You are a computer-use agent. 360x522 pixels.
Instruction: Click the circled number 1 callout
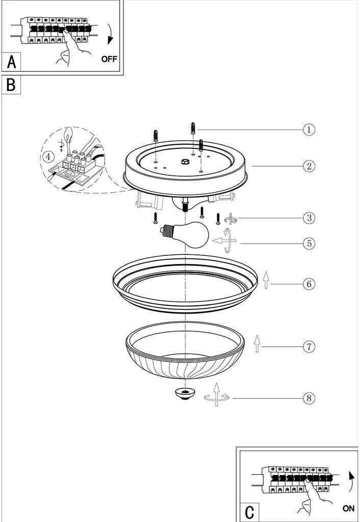[x=308, y=129]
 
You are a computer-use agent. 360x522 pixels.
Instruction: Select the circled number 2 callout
[x=308, y=166]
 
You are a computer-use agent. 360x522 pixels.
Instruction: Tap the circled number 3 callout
[x=309, y=218]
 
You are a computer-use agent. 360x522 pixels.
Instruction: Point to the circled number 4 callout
[x=48, y=156]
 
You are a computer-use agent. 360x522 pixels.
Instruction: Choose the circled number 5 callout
[x=309, y=243]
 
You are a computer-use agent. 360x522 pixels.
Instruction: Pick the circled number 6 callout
[x=308, y=284]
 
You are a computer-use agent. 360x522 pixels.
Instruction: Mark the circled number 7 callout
[x=309, y=347]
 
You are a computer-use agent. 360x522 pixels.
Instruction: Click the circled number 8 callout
[x=309, y=398]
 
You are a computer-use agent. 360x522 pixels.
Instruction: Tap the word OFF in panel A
[x=109, y=59]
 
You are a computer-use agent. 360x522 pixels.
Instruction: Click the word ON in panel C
[x=348, y=509]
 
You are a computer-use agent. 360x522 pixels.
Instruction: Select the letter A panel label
[x=12, y=62]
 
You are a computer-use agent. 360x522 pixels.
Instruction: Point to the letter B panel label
[x=11, y=85]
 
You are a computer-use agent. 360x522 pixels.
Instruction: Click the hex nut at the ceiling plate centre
[x=185, y=162]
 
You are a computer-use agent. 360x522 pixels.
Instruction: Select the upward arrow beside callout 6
[x=266, y=280]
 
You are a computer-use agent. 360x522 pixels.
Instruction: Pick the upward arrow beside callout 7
[x=257, y=344]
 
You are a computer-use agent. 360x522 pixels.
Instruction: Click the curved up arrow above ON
[x=351, y=481]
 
